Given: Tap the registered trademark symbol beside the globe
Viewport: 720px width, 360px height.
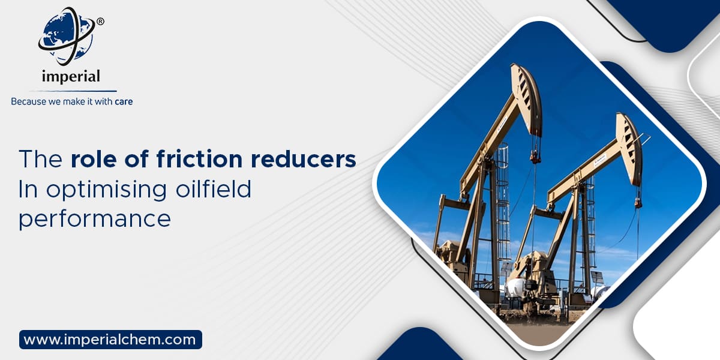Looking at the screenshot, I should tap(100, 22).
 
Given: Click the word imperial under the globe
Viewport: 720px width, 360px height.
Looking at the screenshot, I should tap(71, 76).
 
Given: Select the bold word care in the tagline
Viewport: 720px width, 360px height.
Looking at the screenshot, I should tap(123, 102).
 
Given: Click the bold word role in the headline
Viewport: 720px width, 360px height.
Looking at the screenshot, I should tap(92, 159).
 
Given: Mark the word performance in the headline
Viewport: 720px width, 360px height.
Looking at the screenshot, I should tap(94, 218).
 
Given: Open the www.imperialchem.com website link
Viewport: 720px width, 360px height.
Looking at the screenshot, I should tap(110, 340).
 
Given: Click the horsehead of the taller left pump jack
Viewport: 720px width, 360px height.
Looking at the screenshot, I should tap(527, 90).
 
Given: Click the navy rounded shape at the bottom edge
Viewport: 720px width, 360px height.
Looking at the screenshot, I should tap(420, 348).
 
